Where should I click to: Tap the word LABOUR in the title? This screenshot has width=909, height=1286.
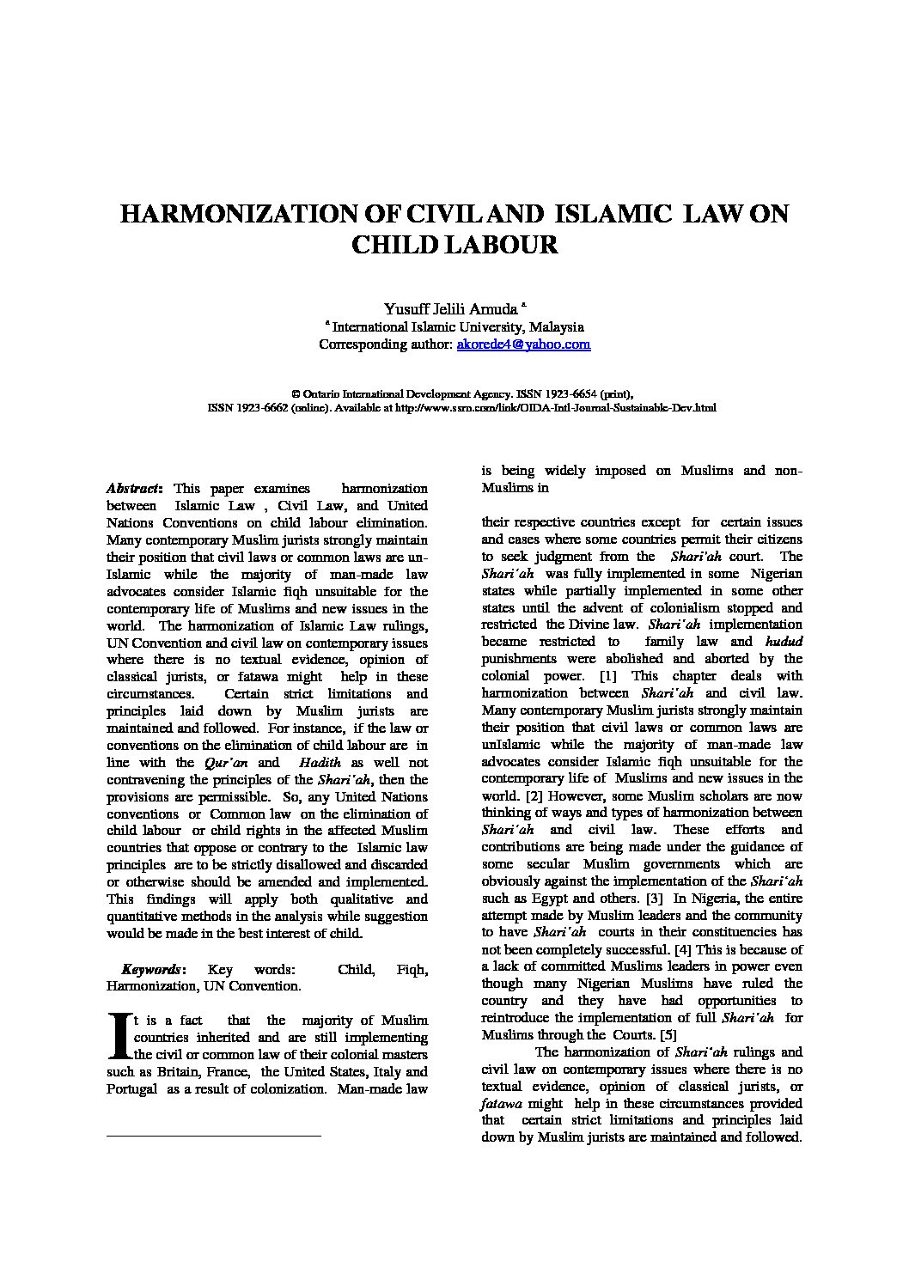tap(508, 245)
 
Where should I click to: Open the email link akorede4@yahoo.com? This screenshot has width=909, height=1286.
tap(523, 344)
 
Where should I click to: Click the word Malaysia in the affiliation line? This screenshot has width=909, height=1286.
tap(557, 327)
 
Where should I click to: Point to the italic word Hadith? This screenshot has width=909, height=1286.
tap(321, 762)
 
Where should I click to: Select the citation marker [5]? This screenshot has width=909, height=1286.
tap(667, 1035)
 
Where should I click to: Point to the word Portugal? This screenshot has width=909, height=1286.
tap(131, 1088)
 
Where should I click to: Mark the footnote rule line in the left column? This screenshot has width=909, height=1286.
tap(213, 1137)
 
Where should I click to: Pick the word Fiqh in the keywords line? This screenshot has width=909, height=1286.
tap(412, 969)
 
